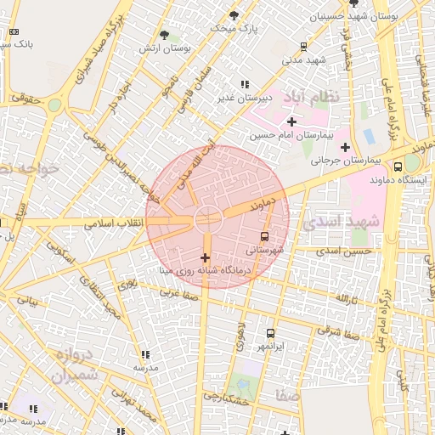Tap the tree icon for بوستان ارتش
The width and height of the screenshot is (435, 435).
pyautogui.click(x=164, y=35)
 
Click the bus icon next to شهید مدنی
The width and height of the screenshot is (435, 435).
pyautogui.click(x=304, y=47)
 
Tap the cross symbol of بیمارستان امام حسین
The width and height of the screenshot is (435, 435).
pyautogui.click(x=292, y=122)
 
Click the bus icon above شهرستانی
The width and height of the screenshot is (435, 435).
pyautogui.click(x=266, y=237)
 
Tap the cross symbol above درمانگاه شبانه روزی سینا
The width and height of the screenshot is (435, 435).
pyautogui.click(x=205, y=257)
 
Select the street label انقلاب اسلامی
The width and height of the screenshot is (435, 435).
pyautogui.click(x=117, y=223)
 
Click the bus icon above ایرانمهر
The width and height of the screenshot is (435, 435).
pyautogui.click(x=271, y=334)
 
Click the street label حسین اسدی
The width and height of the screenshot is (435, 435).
pyautogui.click(x=345, y=251)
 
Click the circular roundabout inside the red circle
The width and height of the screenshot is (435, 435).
pyautogui.click(x=206, y=218)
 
